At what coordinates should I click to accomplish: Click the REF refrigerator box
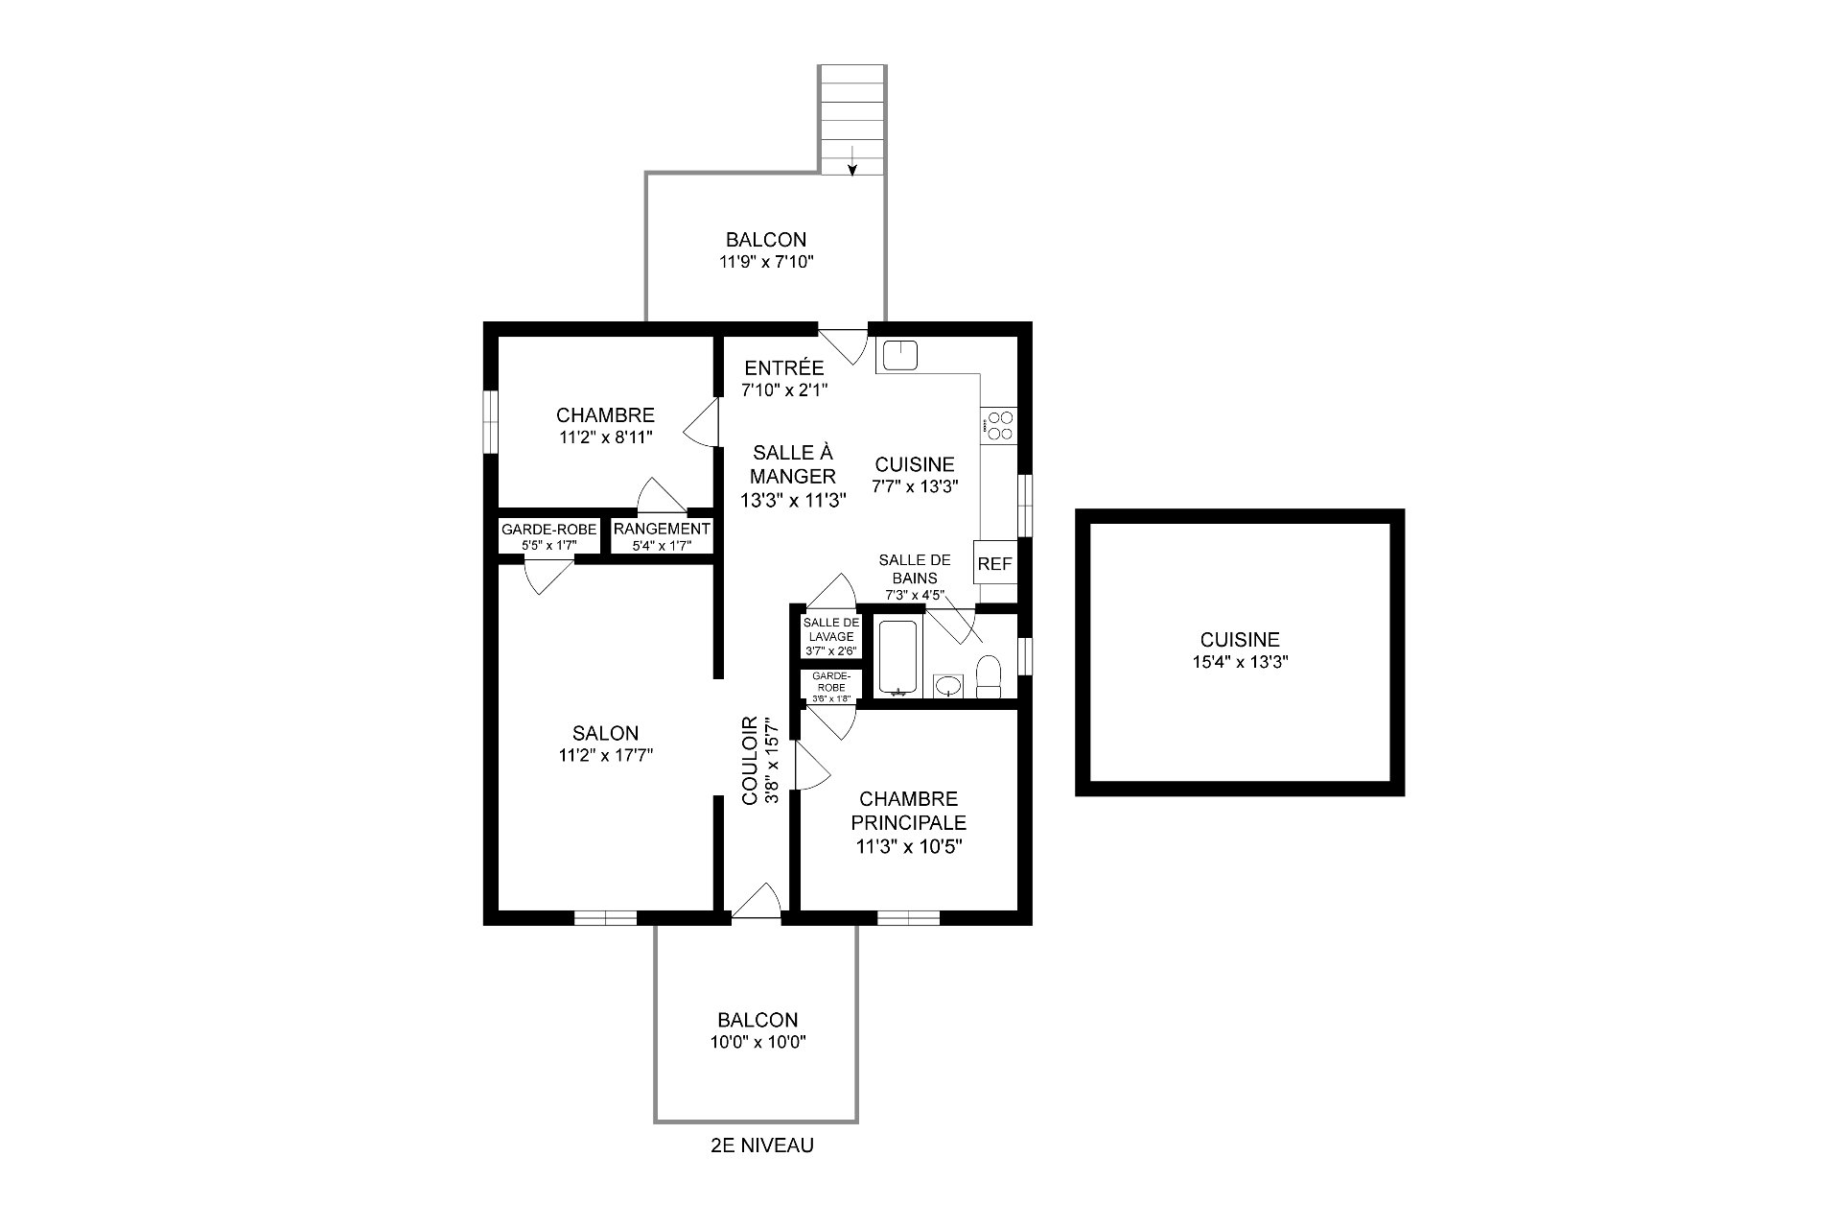(x=994, y=564)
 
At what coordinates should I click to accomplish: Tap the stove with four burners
(x=999, y=425)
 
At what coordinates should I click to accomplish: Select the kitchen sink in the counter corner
(x=899, y=356)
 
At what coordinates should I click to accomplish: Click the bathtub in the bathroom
(x=898, y=658)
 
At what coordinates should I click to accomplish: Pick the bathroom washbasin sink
(x=948, y=685)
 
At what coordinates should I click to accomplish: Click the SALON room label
(x=606, y=734)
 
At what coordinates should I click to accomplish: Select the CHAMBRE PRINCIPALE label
(x=909, y=811)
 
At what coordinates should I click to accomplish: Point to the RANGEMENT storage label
(x=662, y=529)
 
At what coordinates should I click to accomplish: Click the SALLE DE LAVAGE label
(x=831, y=629)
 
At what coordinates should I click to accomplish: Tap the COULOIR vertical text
(x=751, y=760)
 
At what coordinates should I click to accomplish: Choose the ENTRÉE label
(x=784, y=367)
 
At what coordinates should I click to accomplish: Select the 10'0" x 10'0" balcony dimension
(x=757, y=1043)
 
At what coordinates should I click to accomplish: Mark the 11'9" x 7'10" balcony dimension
(x=766, y=261)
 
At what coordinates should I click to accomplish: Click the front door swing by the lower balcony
(x=757, y=902)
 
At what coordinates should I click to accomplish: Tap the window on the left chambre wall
(x=491, y=421)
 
